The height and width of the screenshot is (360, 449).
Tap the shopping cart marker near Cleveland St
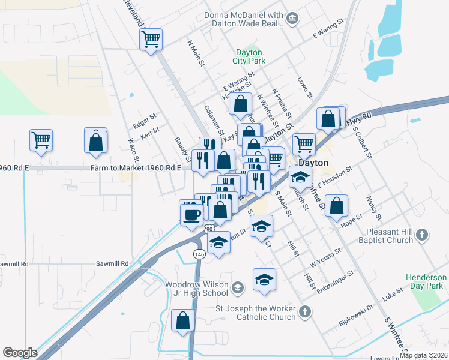point(150,40)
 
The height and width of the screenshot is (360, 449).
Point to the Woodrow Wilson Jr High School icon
point(238,288)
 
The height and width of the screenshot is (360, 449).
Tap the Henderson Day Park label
point(426,282)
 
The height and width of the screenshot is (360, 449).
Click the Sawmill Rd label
point(113,263)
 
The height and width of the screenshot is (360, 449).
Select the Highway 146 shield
point(199,254)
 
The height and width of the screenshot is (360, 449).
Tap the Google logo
point(20,352)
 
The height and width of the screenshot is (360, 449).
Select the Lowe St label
point(305,88)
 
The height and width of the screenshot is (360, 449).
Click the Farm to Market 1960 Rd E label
point(136,168)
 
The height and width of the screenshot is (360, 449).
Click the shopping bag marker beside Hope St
point(337,206)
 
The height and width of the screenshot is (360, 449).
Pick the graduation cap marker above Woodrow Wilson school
point(264,280)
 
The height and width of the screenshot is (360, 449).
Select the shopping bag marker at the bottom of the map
point(183,320)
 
